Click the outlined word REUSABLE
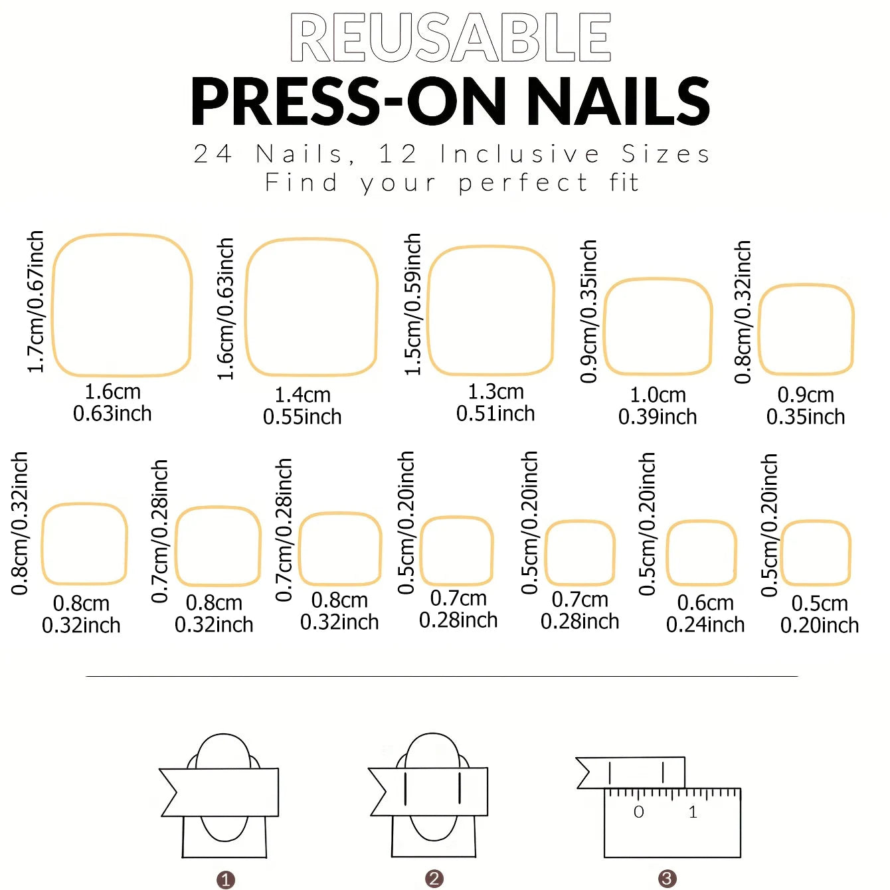(x=450, y=39)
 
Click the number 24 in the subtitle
(x=213, y=154)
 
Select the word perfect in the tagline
(x=523, y=183)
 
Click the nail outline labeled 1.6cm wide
(x=122, y=306)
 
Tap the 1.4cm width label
(x=303, y=395)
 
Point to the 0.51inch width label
(x=495, y=414)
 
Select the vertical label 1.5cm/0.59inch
(x=413, y=304)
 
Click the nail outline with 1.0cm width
(x=658, y=326)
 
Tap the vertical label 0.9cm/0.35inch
(x=589, y=311)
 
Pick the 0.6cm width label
(x=705, y=603)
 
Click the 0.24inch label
(x=705, y=625)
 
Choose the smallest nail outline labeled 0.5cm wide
(x=816, y=553)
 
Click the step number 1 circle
(x=226, y=880)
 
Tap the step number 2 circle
(x=434, y=879)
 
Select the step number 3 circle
(x=667, y=879)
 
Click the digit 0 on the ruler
(x=638, y=812)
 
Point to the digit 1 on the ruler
(x=693, y=812)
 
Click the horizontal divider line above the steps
(x=442, y=676)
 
